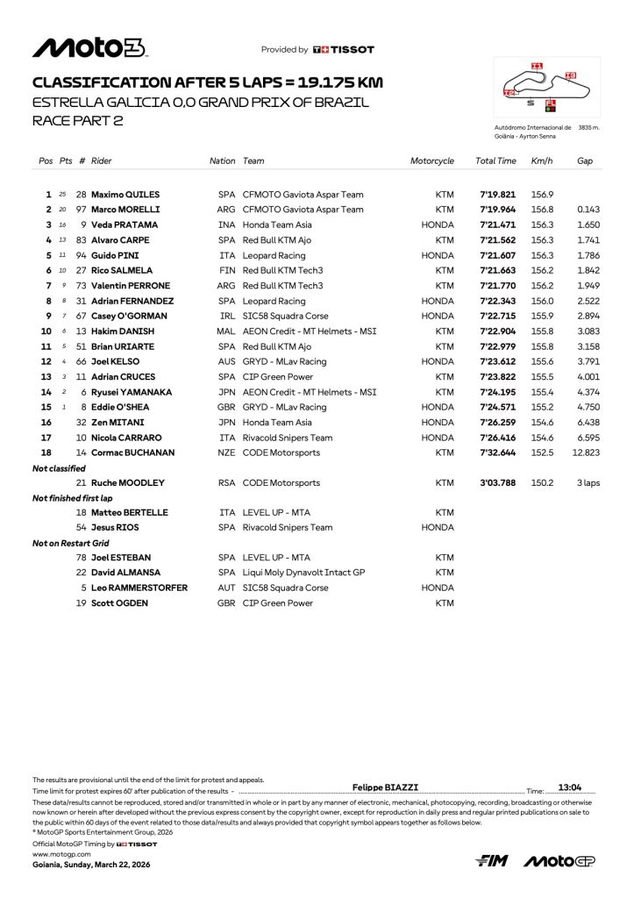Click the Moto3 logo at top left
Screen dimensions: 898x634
[89, 48]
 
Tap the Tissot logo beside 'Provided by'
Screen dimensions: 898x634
[344, 50]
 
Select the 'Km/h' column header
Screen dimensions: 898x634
[540, 161]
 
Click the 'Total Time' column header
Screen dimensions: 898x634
[495, 161]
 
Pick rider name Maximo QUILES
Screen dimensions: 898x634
[125, 195]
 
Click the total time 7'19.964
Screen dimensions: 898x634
[498, 210]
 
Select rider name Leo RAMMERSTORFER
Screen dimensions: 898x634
[139, 588]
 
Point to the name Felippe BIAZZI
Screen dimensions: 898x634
[380, 788]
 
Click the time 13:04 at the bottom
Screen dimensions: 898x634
[571, 788]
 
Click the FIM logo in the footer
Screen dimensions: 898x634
[492, 861]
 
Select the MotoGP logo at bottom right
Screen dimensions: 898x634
[559, 861]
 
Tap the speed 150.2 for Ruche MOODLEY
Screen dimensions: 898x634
[540, 482]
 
